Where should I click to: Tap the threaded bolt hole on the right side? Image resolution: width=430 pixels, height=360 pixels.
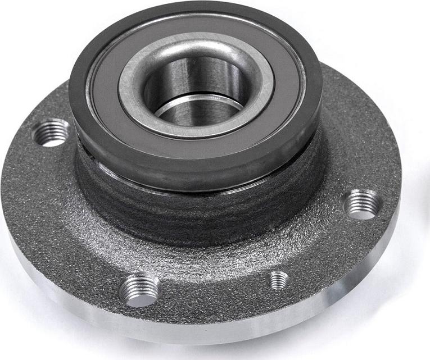[x=361, y=204]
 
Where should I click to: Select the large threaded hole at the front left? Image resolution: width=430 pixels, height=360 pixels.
[x=140, y=289]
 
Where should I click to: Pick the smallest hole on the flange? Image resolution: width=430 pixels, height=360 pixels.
[x=278, y=280]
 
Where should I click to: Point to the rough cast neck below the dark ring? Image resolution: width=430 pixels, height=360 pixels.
[x=197, y=219]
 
